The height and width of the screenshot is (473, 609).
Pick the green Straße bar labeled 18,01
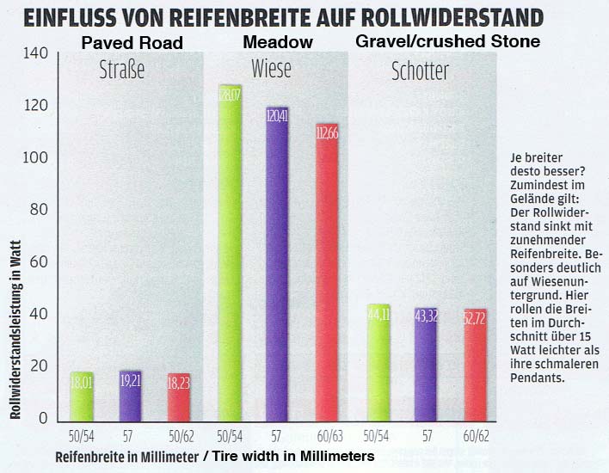click(81, 395)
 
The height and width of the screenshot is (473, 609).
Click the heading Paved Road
click(132, 42)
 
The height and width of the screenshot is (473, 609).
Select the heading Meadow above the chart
click(277, 41)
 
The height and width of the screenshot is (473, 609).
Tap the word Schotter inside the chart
click(420, 71)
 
